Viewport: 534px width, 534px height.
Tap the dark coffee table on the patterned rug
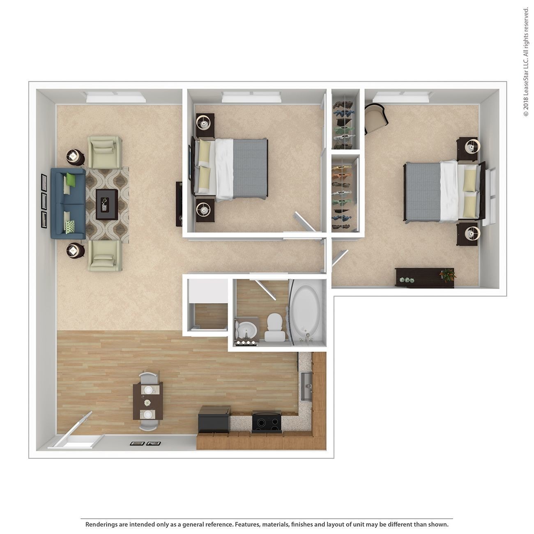[x=107, y=204]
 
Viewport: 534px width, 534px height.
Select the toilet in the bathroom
[x=274, y=327]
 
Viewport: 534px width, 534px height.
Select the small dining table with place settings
[x=148, y=401]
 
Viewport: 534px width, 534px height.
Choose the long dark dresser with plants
[x=425, y=277]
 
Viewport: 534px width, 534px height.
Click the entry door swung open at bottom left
[x=78, y=427]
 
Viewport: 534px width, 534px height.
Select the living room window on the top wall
[x=116, y=97]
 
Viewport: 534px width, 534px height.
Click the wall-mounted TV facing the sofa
[x=179, y=204]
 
